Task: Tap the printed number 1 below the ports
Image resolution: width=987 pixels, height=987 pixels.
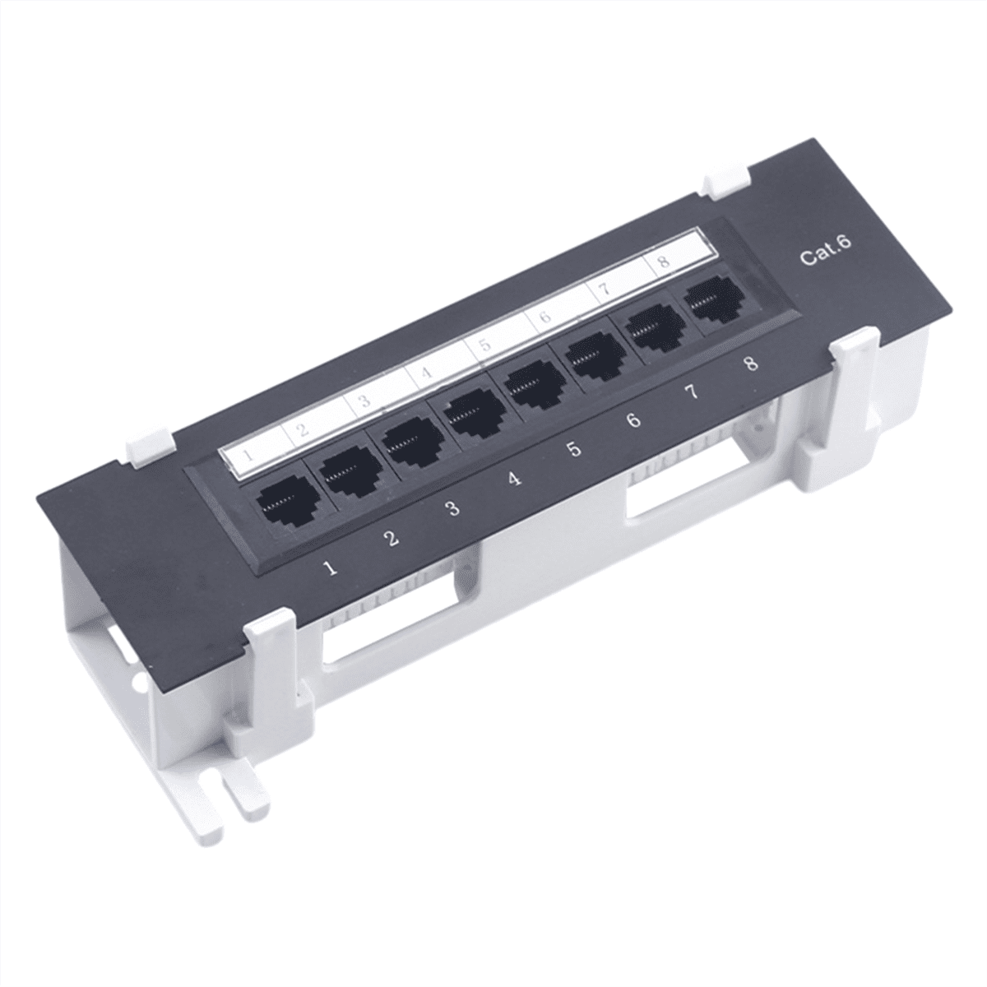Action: click(331, 567)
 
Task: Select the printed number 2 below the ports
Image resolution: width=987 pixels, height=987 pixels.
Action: click(392, 539)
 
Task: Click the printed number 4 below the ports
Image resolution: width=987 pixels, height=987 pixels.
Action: click(514, 479)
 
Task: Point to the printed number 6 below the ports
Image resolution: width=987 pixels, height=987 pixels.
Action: click(633, 421)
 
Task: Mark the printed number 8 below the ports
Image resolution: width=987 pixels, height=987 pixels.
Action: click(750, 364)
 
